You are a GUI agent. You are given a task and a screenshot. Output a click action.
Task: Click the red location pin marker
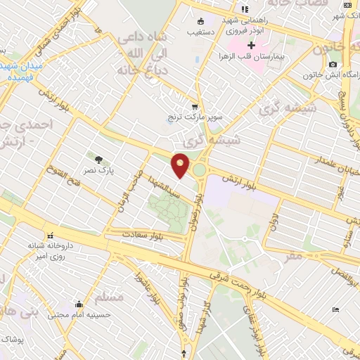click(x=181, y=166)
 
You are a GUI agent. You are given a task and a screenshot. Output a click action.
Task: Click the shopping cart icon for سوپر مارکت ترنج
click(x=195, y=107)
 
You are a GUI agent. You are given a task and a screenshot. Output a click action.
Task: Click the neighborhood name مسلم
click(x=108, y=297)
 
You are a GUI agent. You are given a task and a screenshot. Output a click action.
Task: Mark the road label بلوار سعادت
click(x=142, y=233)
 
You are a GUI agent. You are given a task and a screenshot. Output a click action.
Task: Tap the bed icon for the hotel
click(x=336, y=309)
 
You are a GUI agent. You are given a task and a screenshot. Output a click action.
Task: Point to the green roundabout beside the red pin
click(x=200, y=169)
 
